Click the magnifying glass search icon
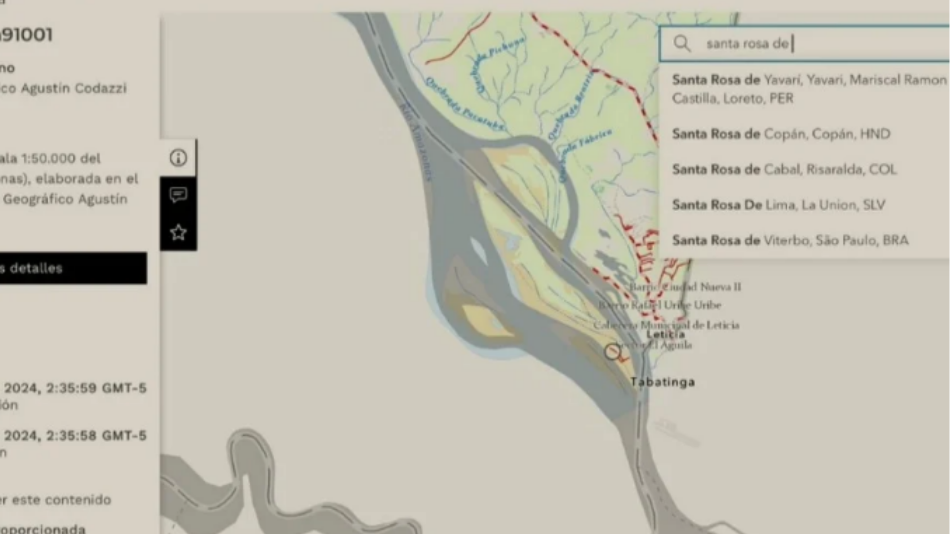pos(682,44)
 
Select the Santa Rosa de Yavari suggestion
pos(808,89)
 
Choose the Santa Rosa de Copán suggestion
pos(781,134)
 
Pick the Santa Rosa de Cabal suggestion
pos(784,170)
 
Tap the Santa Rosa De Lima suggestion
pos(778,205)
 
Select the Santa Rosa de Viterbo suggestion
pos(790,240)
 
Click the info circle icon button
pos(178,158)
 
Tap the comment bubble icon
pos(178,195)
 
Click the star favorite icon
pos(178,232)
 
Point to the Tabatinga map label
pos(663,382)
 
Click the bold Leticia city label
pos(665,335)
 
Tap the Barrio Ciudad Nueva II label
pos(685,287)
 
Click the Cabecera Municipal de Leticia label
pos(666,325)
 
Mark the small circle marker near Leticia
pos(612,352)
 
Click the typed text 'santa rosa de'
pos(747,44)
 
